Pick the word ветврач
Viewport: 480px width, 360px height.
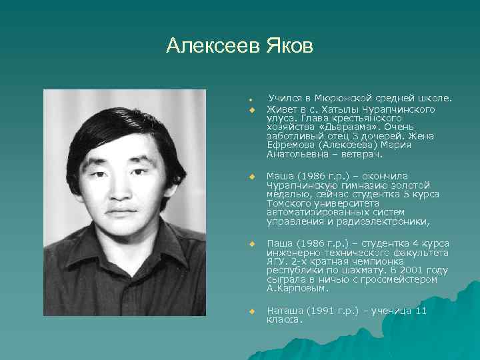[361, 154]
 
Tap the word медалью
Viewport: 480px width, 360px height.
[285, 194]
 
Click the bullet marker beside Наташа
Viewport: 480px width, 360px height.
[252, 311]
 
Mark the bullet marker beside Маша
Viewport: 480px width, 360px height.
[252, 177]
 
